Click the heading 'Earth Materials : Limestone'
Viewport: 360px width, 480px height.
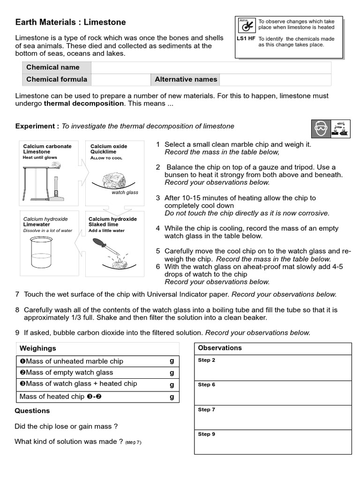70,22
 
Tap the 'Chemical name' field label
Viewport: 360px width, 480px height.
52,67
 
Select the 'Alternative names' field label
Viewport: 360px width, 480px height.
186,80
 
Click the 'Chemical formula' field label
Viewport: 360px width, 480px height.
56,80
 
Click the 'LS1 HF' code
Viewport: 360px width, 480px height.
246,39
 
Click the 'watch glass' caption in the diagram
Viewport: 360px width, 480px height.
125,193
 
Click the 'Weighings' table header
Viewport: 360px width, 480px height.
37,348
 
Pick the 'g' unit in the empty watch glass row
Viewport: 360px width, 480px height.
172,373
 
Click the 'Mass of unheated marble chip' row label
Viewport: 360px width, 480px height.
72,361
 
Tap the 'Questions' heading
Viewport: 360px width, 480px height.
32,411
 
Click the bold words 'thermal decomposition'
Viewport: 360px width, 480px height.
84,104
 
